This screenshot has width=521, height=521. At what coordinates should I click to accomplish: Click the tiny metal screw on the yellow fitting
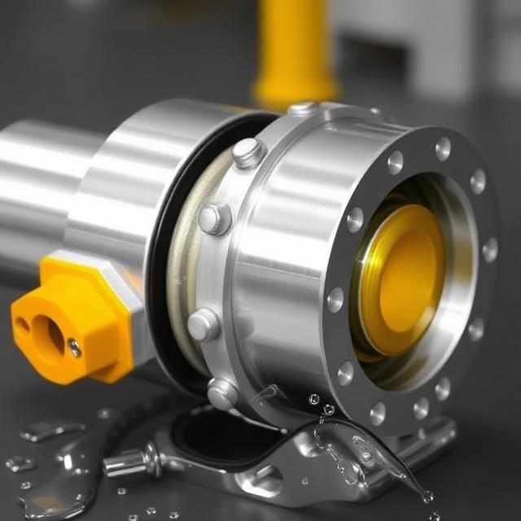[75, 348]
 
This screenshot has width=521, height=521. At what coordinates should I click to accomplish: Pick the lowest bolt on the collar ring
[221, 393]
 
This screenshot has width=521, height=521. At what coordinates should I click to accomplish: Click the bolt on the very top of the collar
[303, 107]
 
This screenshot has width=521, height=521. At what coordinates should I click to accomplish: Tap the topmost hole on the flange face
[443, 148]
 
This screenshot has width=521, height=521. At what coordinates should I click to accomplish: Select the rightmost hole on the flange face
[490, 250]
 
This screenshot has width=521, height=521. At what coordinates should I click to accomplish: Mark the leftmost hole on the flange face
[335, 300]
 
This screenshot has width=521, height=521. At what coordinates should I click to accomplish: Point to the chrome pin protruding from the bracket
[130, 463]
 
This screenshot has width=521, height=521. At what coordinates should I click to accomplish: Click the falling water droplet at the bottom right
[427, 496]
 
